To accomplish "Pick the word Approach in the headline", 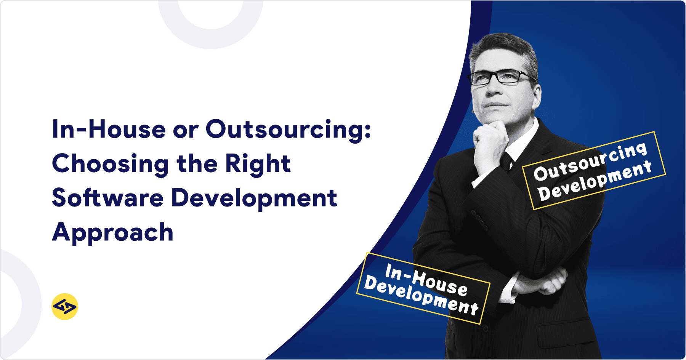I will point(113,232).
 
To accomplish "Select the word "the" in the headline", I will point(197,164).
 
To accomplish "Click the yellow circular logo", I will point(64,306).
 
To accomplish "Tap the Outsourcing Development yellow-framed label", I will point(594,170).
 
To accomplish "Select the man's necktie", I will point(506,160).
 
